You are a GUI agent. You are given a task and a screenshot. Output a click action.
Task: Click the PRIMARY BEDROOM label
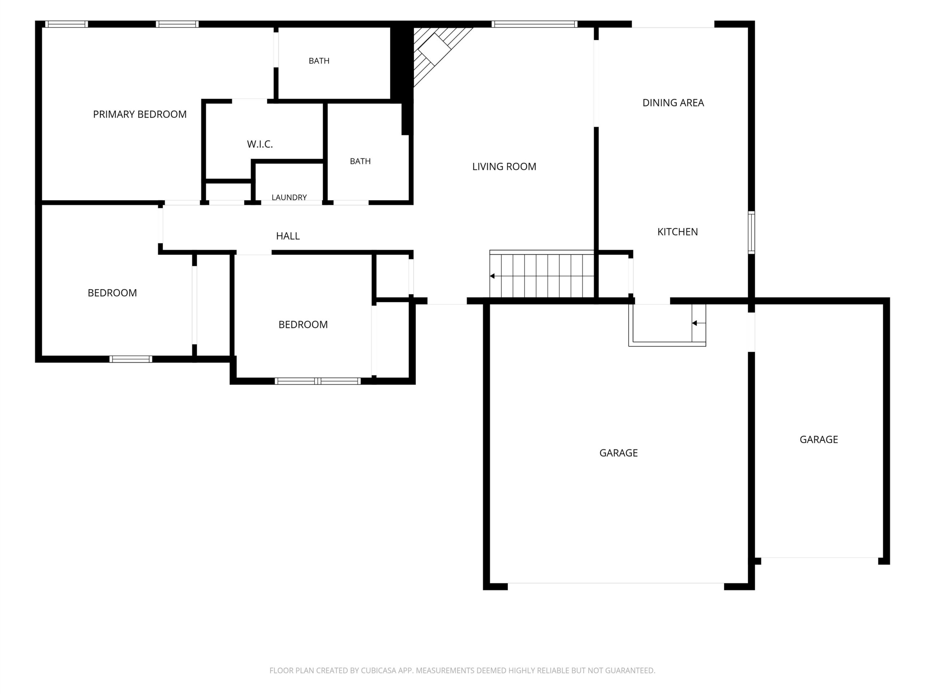click(x=140, y=114)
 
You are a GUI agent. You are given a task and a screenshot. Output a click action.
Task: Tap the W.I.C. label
click(x=260, y=144)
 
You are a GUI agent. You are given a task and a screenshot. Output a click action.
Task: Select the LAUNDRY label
click(x=289, y=197)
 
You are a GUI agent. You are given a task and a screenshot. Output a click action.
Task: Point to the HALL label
click(x=288, y=236)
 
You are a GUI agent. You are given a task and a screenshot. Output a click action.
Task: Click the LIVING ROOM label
click(x=504, y=167)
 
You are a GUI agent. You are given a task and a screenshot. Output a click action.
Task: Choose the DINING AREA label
click(x=673, y=103)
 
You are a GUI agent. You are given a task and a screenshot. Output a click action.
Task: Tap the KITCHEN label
click(x=677, y=232)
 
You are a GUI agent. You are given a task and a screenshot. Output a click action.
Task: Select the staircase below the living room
click(x=542, y=274)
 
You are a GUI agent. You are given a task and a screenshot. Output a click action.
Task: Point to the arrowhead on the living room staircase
click(x=492, y=276)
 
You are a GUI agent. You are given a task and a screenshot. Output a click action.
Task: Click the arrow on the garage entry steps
click(x=699, y=323)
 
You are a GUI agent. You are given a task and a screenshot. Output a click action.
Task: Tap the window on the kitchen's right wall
click(x=751, y=232)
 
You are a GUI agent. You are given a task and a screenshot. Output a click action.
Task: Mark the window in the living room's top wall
click(x=534, y=24)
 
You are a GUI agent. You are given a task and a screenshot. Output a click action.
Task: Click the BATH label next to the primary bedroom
click(x=319, y=61)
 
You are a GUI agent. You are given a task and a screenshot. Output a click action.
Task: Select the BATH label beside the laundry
click(x=360, y=162)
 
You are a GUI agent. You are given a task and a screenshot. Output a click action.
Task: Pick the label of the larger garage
click(x=619, y=453)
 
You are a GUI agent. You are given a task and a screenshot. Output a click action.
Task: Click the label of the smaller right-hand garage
click(x=819, y=440)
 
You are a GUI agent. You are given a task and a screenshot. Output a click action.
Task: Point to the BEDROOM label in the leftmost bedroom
click(x=112, y=293)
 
